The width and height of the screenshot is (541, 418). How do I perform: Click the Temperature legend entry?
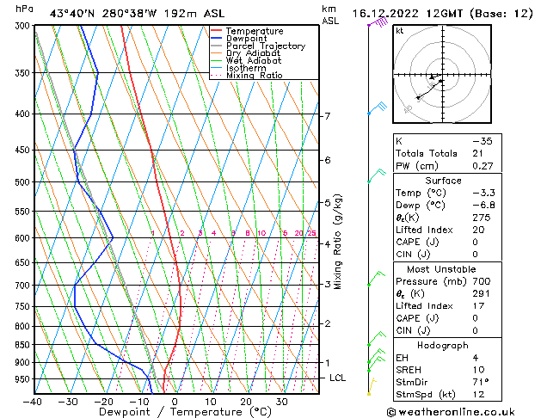[x=254, y=32]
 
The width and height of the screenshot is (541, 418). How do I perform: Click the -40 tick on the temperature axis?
[x=34, y=402]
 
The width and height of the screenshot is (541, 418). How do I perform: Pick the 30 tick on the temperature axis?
[x=281, y=402]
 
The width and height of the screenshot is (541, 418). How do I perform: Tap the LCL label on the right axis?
[x=339, y=378]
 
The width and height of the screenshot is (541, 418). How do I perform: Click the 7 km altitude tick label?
[x=327, y=116]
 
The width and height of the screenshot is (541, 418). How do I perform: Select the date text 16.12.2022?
[x=384, y=13]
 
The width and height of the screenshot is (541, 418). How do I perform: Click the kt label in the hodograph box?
[x=400, y=31]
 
